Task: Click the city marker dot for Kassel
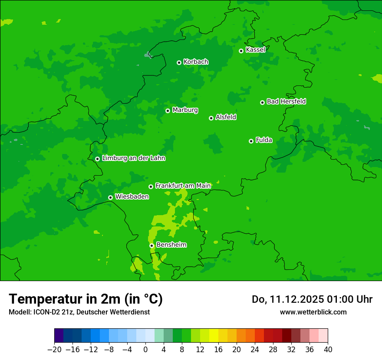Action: pyautogui.click(x=241, y=51)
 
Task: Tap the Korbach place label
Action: pyautogui.click(x=196, y=62)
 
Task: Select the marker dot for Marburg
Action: pyautogui.click(x=168, y=111)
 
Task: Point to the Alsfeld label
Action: pyautogui.click(x=226, y=117)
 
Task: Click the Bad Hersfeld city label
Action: pyautogui.click(x=286, y=101)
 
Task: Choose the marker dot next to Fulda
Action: pyautogui.click(x=251, y=141)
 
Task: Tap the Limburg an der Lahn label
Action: pyautogui.click(x=133, y=158)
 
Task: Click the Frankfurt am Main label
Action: pyautogui.click(x=183, y=186)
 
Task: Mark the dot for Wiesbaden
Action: pyautogui.click(x=110, y=197)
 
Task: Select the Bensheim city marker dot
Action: pyautogui.click(x=151, y=245)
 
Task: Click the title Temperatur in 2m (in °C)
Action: pyautogui.click(x=86, y=299)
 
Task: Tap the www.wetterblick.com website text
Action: pyautogui.click(x=313, y=312)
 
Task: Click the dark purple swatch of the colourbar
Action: pyautogui.click(x=59, y=336)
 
